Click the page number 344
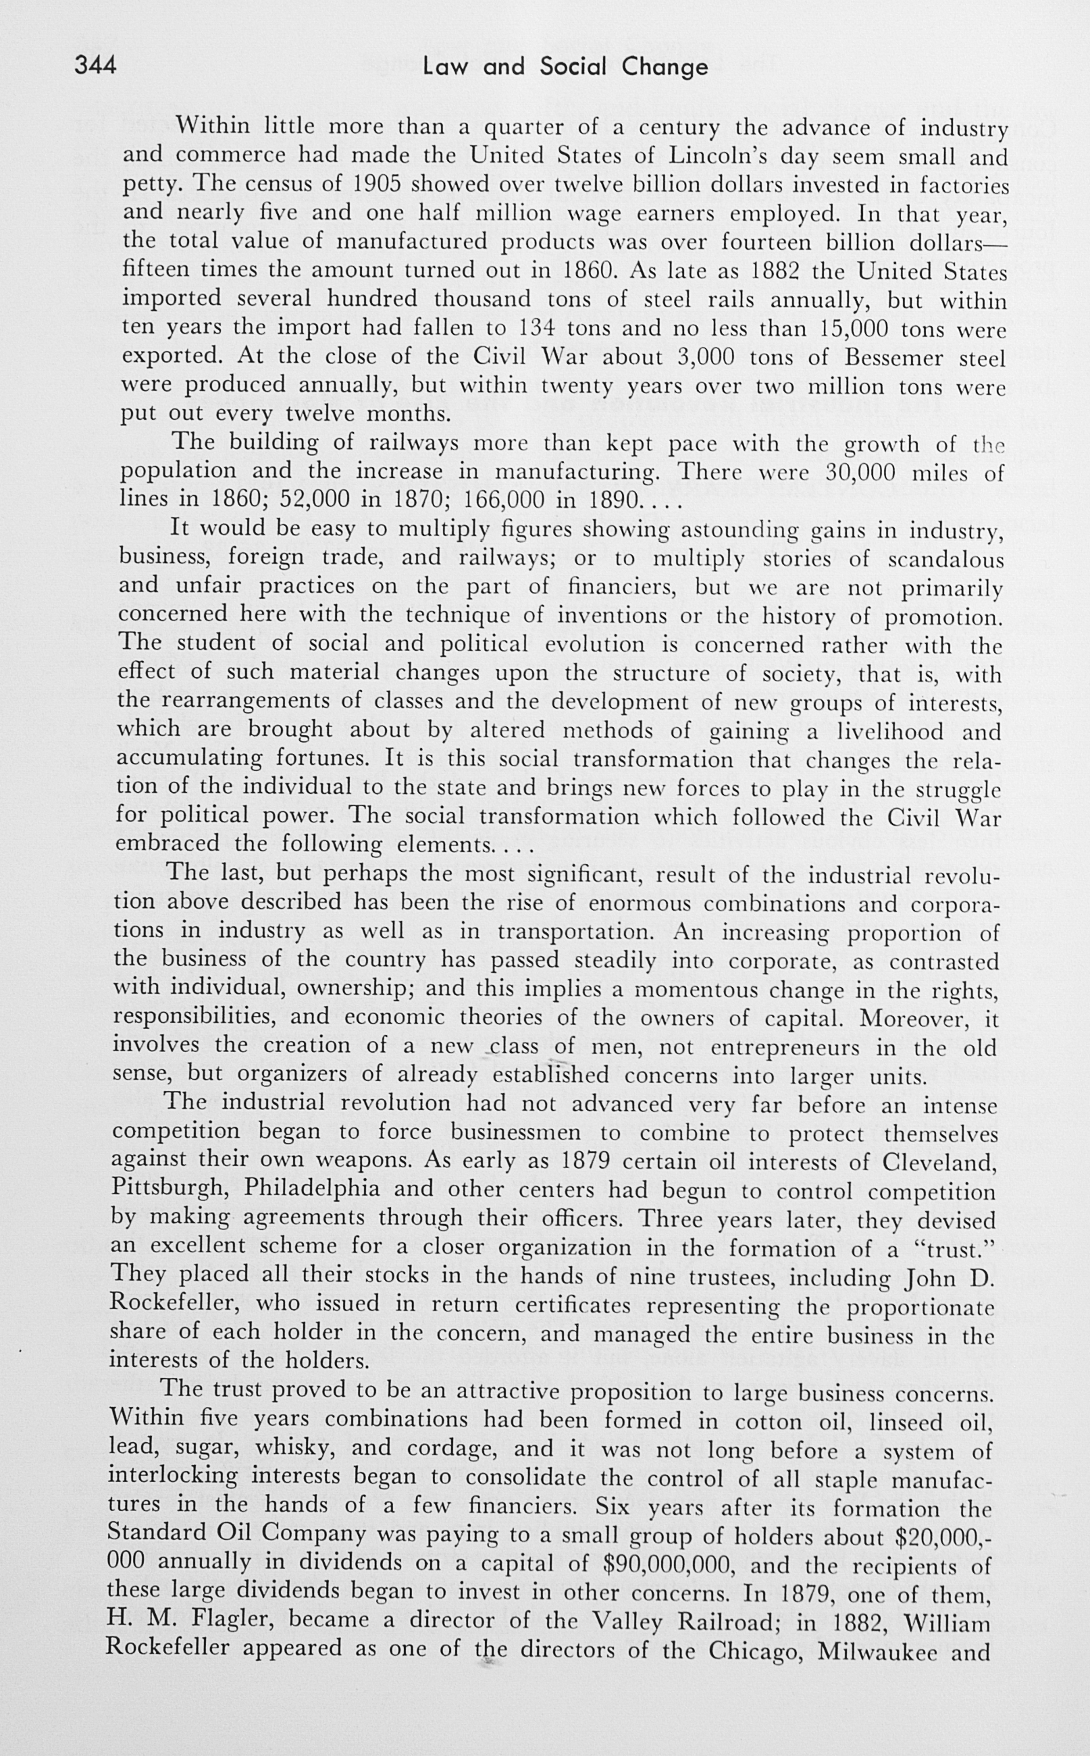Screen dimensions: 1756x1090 [95, 65]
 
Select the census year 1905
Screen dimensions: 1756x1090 [373, 184]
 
